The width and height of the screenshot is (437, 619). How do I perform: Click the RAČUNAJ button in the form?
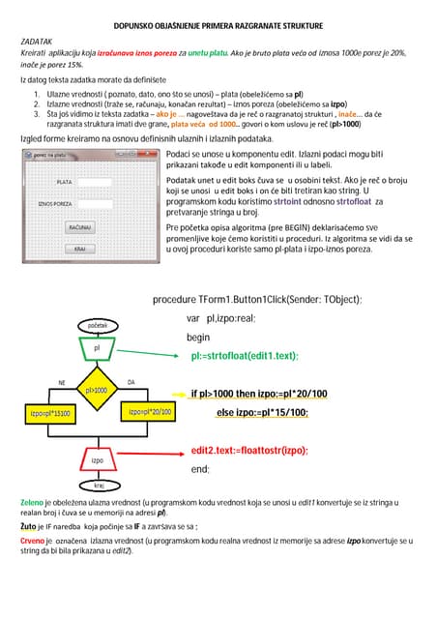pos(80,226)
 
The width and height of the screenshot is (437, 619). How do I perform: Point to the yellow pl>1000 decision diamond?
pos(97,391)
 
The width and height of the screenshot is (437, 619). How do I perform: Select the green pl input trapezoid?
pos(97,348)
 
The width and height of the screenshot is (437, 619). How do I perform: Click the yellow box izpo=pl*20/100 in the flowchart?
pos(150,413)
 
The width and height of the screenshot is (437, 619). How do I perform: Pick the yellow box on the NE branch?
pos(49,413)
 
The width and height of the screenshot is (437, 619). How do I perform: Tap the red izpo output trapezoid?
pos(97,460)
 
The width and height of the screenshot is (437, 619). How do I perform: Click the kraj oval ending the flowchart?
pos(97,485)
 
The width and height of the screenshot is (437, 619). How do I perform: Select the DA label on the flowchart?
pos(132,382)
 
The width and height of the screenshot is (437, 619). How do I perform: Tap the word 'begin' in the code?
pos(198,338)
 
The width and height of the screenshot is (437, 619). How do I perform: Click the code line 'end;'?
pos(200,469)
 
